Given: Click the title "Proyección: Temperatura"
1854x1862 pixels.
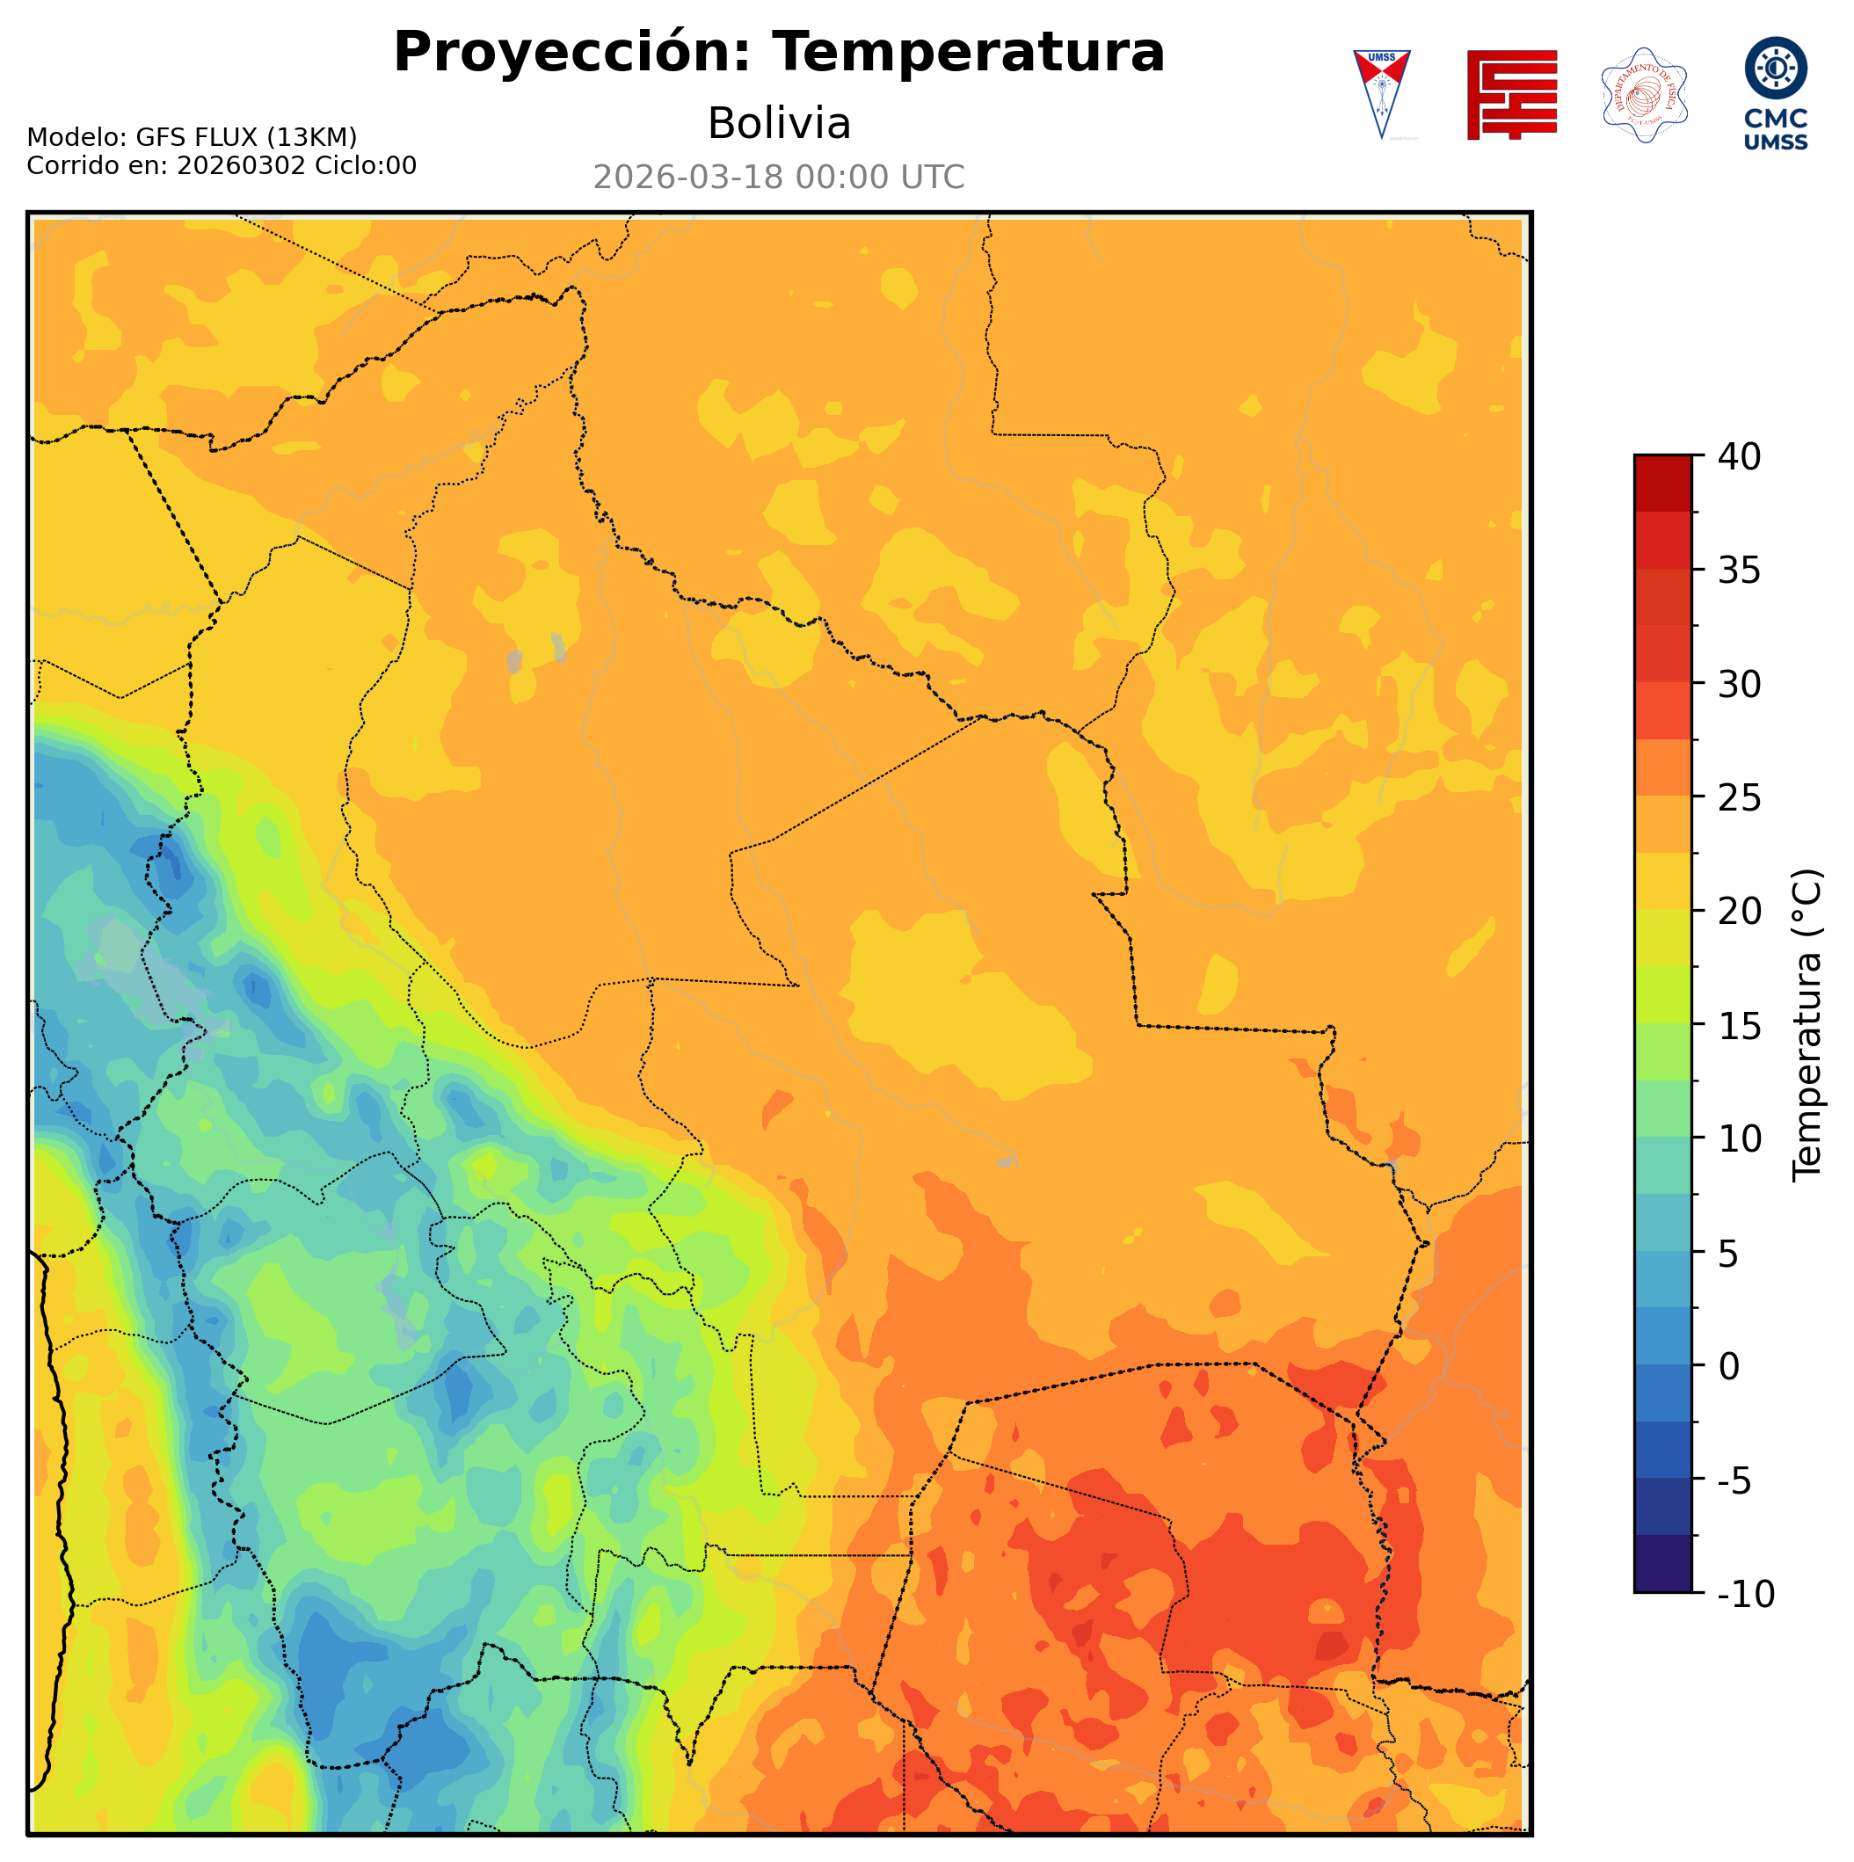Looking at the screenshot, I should tap(779, 52).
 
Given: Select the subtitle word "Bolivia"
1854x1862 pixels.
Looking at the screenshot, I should tap(779, 123).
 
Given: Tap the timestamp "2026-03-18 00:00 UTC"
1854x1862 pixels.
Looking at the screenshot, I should tap(779, 178).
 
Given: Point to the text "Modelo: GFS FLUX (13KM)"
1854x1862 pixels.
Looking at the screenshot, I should tap(192, 138).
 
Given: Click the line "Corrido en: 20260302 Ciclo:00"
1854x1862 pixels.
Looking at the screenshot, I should tap(222, 166).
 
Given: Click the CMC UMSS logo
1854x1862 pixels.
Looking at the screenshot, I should tap(1775, 93).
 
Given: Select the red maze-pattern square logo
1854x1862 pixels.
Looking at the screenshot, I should tap(1511, 94).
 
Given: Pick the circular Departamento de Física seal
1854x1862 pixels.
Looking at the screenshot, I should tap(1643, 94).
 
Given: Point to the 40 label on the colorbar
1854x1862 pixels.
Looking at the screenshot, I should tap(1740, 457).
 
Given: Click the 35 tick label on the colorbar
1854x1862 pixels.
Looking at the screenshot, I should tap(1740, 571).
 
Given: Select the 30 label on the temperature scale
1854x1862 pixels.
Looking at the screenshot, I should tap(1740, 684).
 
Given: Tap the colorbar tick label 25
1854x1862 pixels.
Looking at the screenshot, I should tap(1740, 798).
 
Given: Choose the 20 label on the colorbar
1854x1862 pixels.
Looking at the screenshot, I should tap(1740, 911).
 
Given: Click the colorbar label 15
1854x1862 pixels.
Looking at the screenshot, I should tap(1740, 1025).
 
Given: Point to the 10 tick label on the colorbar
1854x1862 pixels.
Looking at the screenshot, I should tap(1740, 1139).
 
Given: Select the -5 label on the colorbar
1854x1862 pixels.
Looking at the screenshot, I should tap(1734, 1480).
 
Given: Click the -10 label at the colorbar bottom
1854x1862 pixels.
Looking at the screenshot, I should tap(1745, 1595).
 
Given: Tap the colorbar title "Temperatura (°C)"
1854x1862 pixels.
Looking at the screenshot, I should tap(1807, 1025).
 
